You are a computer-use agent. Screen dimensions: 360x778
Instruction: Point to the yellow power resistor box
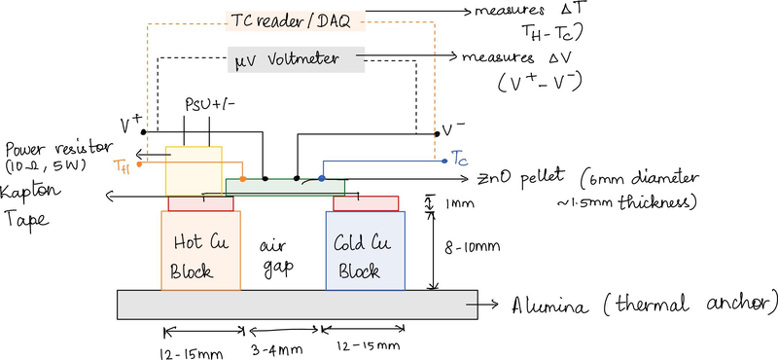[194, 171]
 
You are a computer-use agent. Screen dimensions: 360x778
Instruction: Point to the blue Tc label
[461, 157]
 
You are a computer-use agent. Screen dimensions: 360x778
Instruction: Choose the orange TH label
[121, 166]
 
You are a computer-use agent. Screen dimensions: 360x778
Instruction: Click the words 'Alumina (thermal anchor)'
[643, 304]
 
